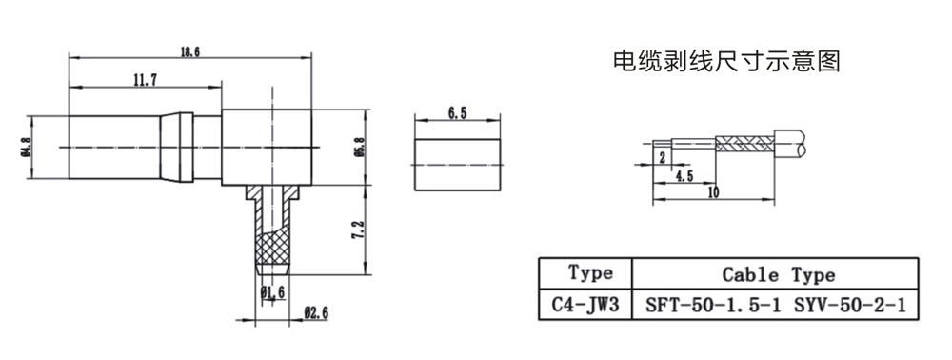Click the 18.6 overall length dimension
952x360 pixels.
click(x=190, y=51)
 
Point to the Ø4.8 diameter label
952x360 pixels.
click(x=25, y=148)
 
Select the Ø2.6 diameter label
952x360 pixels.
click(x=316, y=313)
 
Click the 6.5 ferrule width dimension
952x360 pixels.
click(x=457, y=114)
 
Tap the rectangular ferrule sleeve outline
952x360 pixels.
click(x=458, y=139)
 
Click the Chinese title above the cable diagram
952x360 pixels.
click(x=726, y=61)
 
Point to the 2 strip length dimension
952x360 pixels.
click(x=663, y=156)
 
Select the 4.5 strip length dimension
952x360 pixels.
click(x=684, y=175)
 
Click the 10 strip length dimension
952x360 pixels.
click(x=713, y=193)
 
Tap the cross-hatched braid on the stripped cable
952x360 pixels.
click(x=745, y=144)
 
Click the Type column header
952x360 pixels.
click(x=591, y=272)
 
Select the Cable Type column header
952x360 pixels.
click(x=779, y=274)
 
